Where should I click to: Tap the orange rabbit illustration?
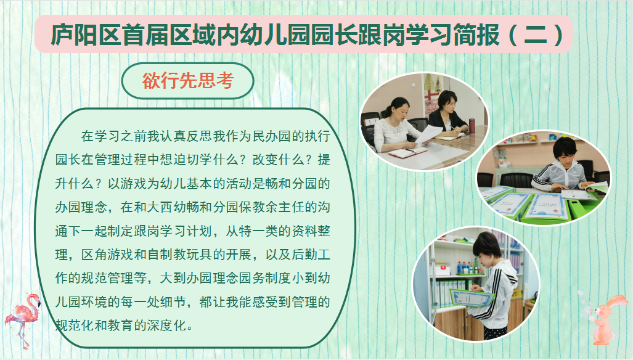(605, 319)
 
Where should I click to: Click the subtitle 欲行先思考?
(188, 81)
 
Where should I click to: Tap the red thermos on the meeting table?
(472, 126)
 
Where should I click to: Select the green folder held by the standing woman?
(472, 298)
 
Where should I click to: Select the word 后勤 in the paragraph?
(304, 254)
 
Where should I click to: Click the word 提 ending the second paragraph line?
(324, 160)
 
